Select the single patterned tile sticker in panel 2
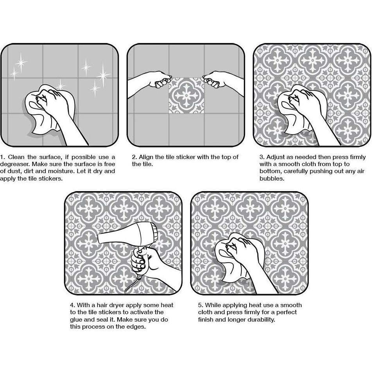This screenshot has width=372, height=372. [x=186, y=95]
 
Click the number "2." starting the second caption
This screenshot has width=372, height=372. [x=134, y=157]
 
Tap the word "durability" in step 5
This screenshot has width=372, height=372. [x=260, y=319]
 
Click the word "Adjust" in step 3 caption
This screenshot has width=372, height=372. [x=276, y=157]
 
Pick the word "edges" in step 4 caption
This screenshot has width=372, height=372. [x=137, y=327]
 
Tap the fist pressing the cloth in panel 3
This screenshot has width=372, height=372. [x=300, y=103]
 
